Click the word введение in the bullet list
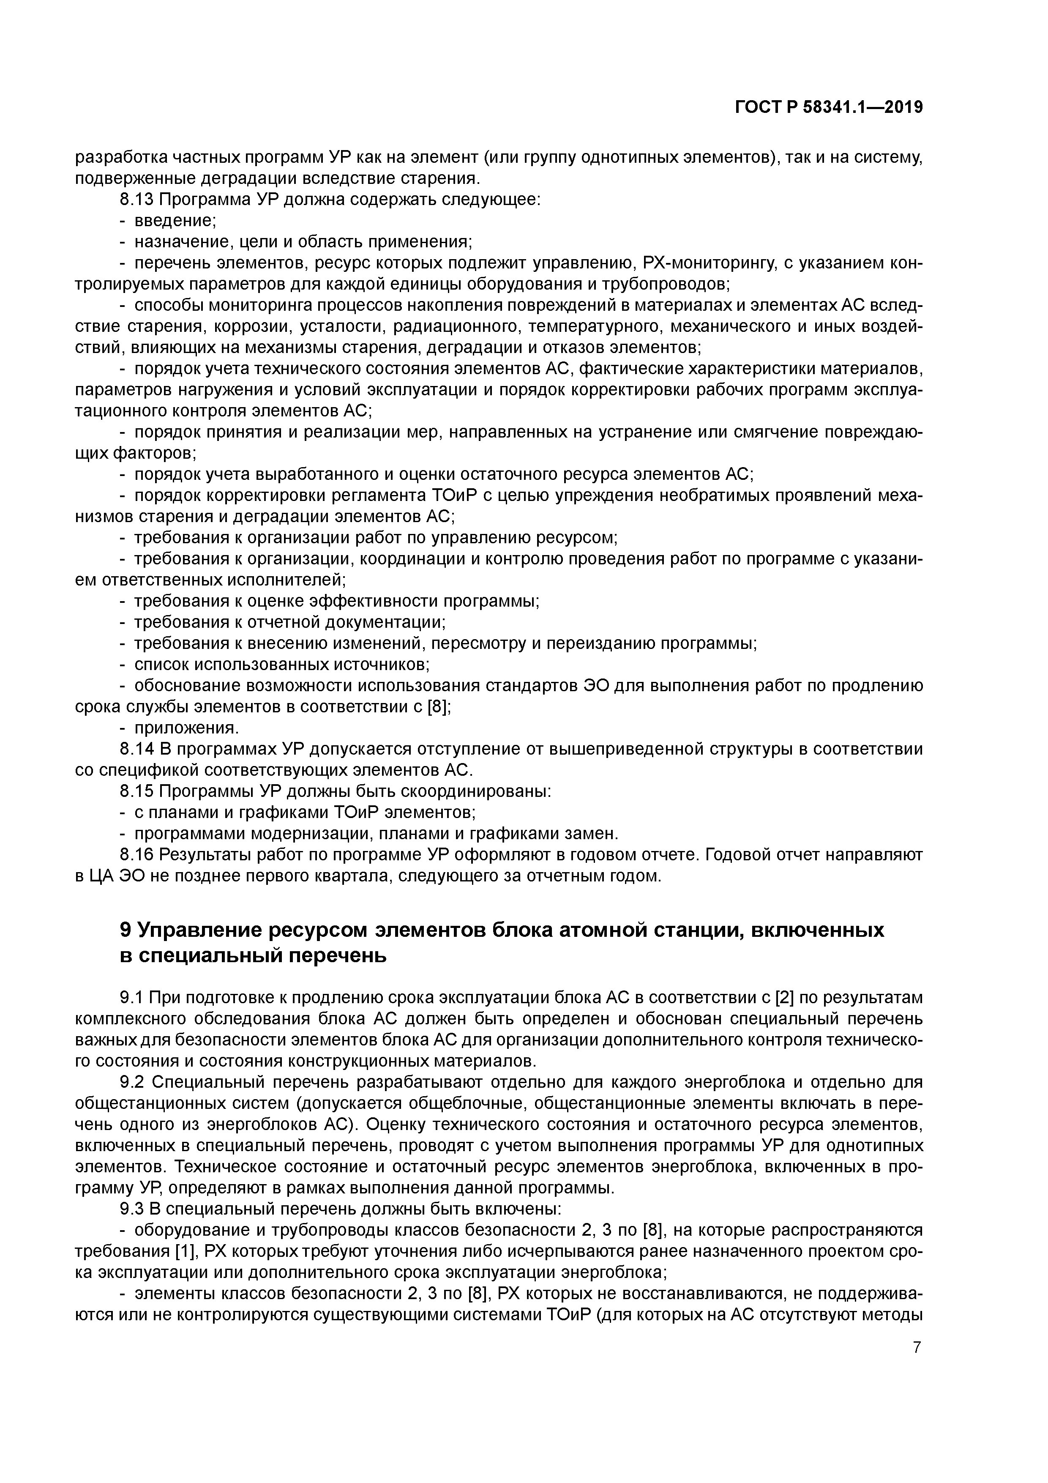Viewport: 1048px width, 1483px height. (x=175, y=221)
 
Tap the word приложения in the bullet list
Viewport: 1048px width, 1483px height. (x=186, y=728)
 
